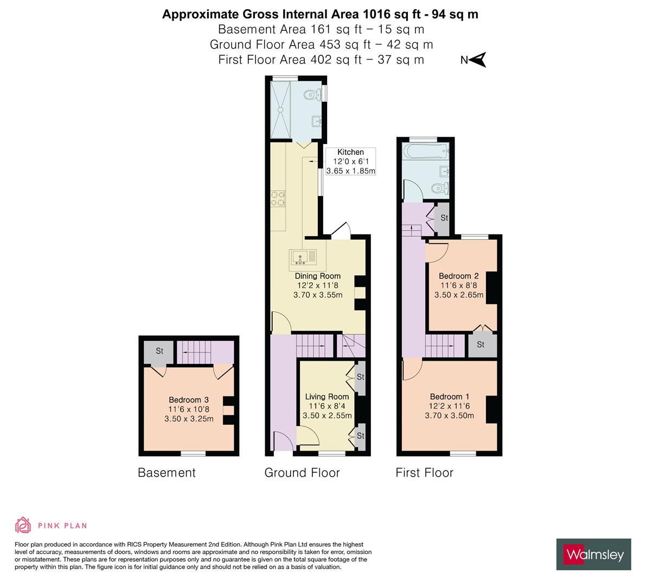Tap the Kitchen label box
point(350,161)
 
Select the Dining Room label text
point(318,276)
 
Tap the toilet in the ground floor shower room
point(311,95)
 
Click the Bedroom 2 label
point(458,276)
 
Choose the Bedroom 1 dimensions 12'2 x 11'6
point(450,406)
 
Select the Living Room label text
point(327,396)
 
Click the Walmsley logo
point(594,554)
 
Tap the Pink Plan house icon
point(23,525)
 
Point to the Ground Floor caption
point(302,473)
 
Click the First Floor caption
point(424,473)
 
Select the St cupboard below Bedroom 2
point(481,344)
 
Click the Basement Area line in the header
point(321,29)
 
